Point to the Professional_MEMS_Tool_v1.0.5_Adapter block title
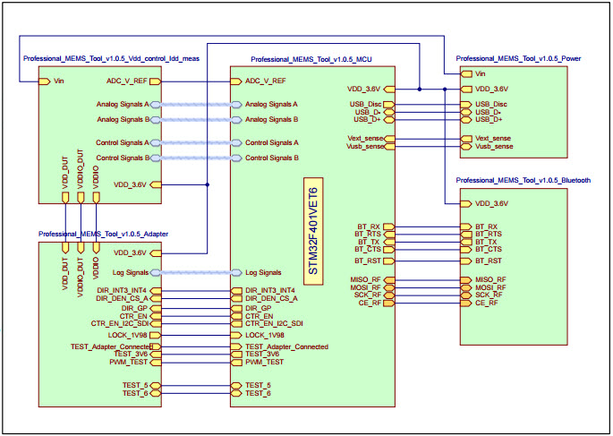point(103,234)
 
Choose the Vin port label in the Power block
point(481,73)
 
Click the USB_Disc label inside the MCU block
point(367,105)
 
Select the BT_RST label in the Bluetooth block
point(489,261)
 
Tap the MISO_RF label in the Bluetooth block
point(490,280)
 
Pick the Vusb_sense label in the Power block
point(493,146)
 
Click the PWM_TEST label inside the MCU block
point(264,362)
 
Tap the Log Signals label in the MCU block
point(263,272)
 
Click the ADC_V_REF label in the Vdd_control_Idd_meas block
point(127,81)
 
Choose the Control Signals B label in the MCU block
point(271,158)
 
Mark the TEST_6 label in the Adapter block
point(134,393)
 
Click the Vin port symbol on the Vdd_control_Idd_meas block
point(44,81)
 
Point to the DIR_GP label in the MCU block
point(258,308)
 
